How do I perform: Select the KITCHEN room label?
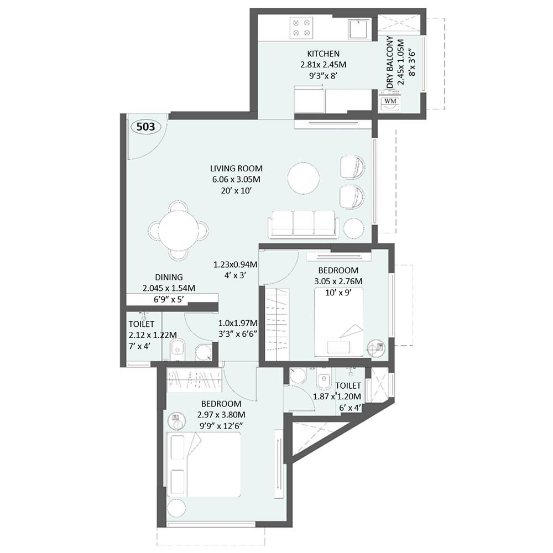(323, 54)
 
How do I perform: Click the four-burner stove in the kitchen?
(302, 28)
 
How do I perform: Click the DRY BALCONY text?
(390, 62)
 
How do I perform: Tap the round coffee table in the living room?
(303, 179)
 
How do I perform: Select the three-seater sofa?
(304, 223)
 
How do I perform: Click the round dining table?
(178, 230)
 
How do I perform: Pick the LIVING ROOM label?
(236, 168)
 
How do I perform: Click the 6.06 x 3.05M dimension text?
(236, 179)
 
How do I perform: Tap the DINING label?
(169, 278)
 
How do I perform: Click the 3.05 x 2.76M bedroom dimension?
(338, 281)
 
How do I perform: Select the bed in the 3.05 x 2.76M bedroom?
(339, 321)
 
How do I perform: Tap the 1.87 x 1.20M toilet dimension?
(337, 397)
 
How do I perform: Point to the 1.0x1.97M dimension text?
(238, 323)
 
